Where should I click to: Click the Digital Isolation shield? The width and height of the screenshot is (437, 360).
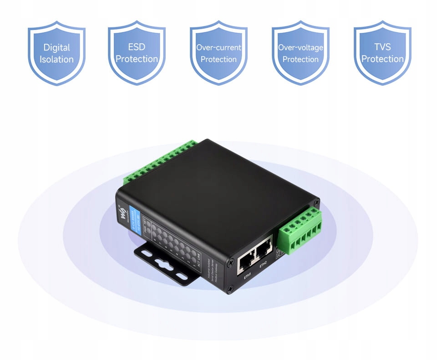click(56, 53)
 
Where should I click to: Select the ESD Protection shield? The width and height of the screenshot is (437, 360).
click(137, 53)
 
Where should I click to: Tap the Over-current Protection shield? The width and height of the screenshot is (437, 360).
click(218, 53)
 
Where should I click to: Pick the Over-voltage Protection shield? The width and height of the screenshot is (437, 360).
click(300, 53)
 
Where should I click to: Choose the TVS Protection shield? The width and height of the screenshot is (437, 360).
click(382, 53)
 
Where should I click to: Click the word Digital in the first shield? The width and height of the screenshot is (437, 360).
click(56, 47)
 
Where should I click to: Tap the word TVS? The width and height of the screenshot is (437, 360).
click(382, 47)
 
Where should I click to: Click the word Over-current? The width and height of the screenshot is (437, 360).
click(218, 47)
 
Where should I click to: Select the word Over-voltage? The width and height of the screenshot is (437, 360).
click(300, 47)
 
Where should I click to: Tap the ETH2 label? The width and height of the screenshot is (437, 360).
click(263, 266)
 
